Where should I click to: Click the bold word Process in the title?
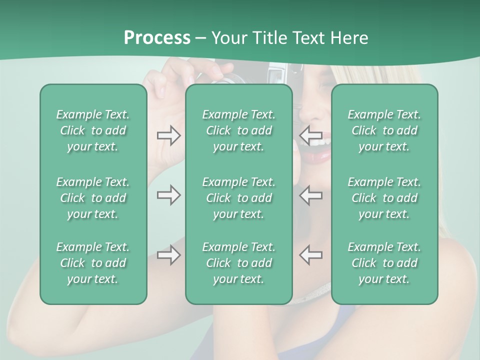(157, 37)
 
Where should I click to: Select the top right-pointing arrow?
(168, 135)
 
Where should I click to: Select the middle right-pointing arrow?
(168, 195)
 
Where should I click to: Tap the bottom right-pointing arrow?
(168, 255)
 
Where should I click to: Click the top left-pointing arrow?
(310, 135)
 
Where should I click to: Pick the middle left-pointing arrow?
(310, 195)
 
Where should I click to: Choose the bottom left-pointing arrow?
(310, 255)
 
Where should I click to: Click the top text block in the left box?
(93, 130)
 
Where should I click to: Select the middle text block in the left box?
(93, 198)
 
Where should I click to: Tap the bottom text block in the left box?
(93, 263)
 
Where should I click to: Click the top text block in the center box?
(238, 130)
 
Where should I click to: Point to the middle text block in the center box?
(238, 198)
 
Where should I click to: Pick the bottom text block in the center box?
(238, 263)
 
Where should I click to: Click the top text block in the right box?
(384, 130)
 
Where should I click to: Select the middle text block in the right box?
(384, 198)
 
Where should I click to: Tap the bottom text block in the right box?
(384, 263)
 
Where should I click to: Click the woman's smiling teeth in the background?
(321, 143)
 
